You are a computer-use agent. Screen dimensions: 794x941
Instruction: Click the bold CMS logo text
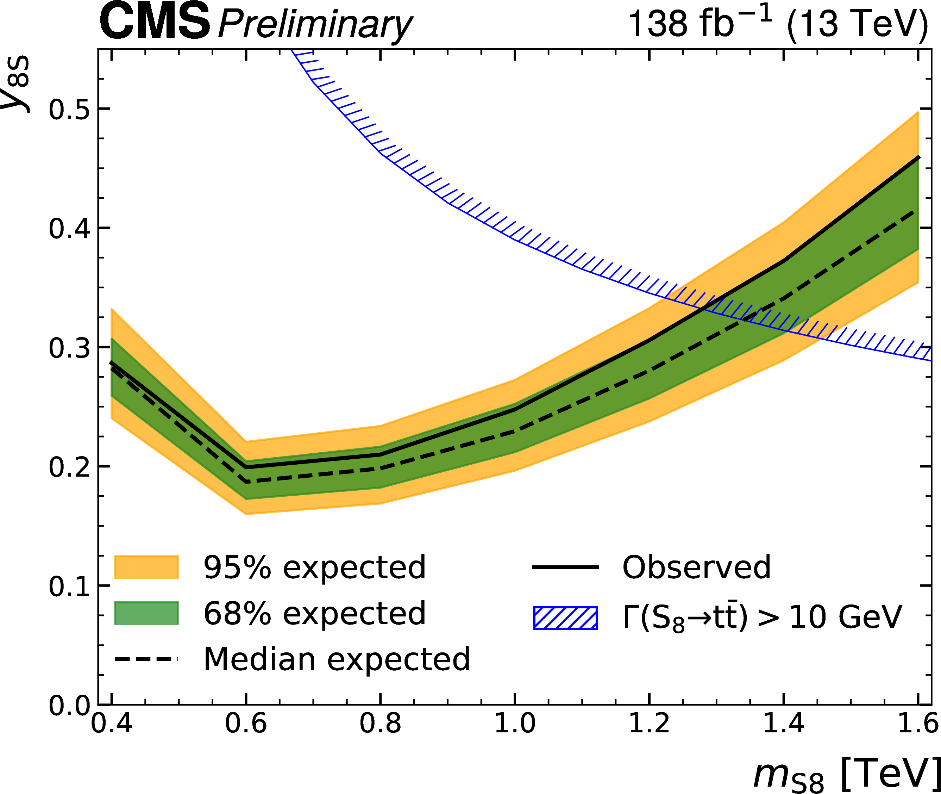tap(154, 21)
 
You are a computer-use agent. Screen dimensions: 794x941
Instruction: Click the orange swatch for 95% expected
tap(146, 567)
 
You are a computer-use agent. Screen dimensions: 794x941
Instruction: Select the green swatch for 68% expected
tap(146, 613)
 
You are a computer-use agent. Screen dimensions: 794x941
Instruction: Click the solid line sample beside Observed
tap(565, 567)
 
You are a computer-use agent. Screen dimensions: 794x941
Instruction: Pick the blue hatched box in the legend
tap(565, 618)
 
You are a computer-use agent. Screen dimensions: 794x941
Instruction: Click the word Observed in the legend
tap(696, 567)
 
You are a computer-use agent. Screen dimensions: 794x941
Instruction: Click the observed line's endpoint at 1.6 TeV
tap(918, 157)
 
